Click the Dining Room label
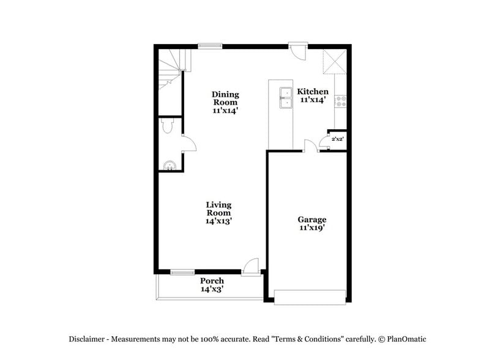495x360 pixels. [x=225, y=95]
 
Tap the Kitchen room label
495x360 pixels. [x=313, y=92]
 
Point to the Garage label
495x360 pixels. [x=311, y=219]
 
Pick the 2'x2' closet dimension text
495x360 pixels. [x=337, y=139]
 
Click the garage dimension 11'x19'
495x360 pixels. [x=311, y=228]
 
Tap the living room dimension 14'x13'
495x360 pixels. [x=218, y=221]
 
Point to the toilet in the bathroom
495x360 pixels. [x=168, y=126]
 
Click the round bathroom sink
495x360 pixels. [x=170, y=164]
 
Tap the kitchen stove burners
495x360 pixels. [x=341, y=102]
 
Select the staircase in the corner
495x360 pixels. [x=171, y=69]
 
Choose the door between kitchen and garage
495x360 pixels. [x=311, y=146]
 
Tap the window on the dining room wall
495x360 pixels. [x=210, y=45]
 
